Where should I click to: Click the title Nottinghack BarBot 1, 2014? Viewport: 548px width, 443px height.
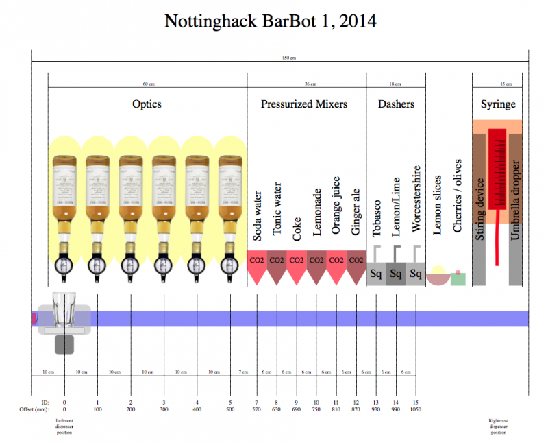[271, 21]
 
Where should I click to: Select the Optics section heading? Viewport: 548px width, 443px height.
[147, 104]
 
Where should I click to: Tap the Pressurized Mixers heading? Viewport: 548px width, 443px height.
[303, 104]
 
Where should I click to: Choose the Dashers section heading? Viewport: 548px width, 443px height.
[396, 104]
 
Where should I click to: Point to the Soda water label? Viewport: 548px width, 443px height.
[258, 215]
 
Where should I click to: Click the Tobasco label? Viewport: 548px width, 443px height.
[376, 219]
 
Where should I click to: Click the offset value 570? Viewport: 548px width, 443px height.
[257, 409]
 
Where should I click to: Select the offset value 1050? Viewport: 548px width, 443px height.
[416, 409]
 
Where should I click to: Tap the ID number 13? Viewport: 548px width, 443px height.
[376, 401]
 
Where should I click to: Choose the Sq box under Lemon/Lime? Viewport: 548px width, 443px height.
[395, 274]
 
